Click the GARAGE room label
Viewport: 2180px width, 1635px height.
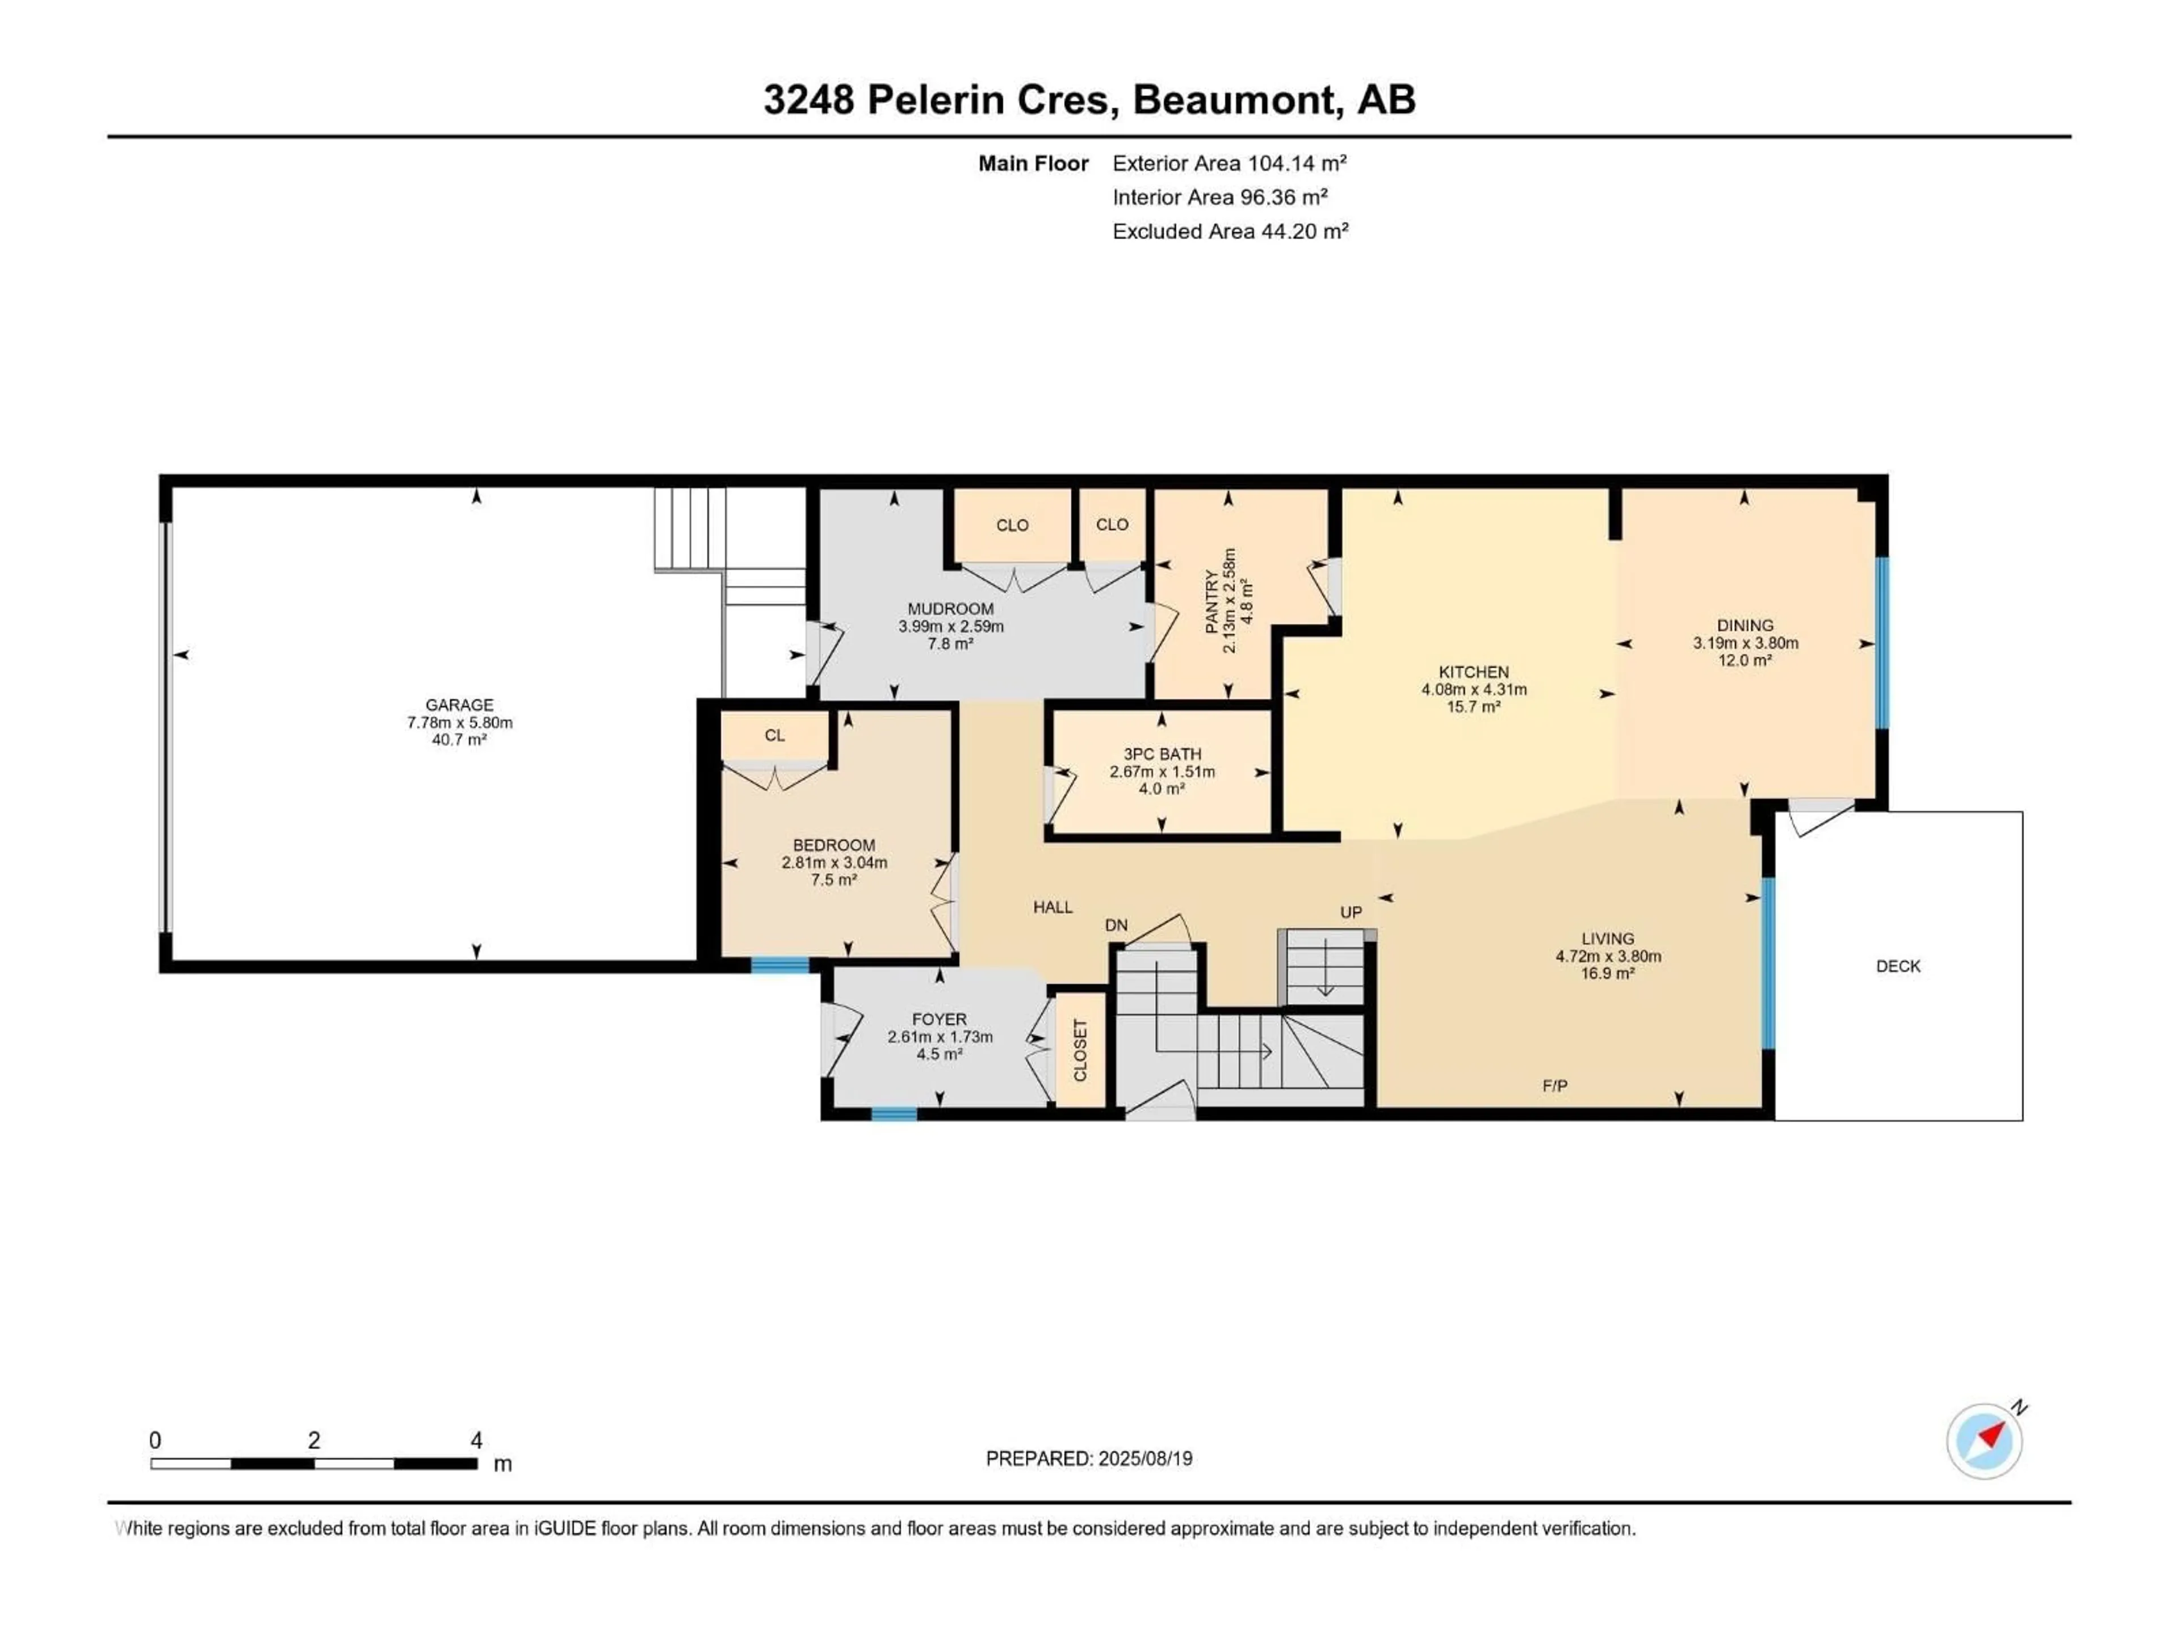[459, 705]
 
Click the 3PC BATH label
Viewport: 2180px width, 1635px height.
[1162, 754]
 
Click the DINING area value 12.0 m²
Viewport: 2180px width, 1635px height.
[1745, 660]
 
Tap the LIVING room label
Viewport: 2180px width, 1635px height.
[1607, 938]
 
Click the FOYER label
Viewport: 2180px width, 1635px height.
[939, 1019]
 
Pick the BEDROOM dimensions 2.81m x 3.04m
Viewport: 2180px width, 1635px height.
[834, 862]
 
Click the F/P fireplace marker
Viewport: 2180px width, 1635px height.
[1554, 1086]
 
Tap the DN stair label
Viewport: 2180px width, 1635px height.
[1116, 925]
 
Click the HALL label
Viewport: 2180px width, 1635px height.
[1053, 907]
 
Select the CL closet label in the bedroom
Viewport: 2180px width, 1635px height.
[774, 735]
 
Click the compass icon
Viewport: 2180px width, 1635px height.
[1984, 1441]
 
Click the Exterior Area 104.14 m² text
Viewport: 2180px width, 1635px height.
[1229, 163]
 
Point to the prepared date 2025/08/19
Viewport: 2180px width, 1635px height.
[1143, 1458]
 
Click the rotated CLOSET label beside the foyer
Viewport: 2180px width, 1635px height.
[1080, 1050]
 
